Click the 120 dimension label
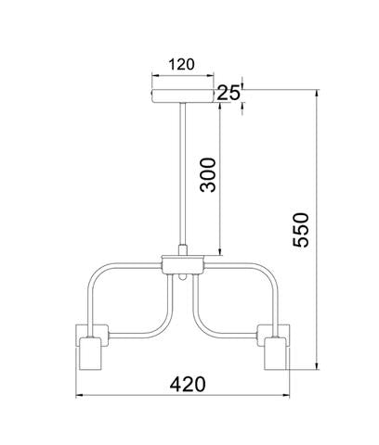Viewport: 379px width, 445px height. [182, 64]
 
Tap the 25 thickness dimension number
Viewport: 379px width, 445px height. [229, 93]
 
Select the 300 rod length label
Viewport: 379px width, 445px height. [208, 175]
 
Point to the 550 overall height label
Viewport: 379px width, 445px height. [301, 230]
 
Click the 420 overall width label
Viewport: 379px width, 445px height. [188, 384]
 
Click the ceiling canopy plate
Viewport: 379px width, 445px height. [182, 96]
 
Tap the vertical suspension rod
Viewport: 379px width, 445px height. [183, 173]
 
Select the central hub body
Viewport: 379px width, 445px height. [183, 265]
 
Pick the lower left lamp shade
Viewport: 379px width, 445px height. [90, 353]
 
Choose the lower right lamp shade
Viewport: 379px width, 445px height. [275, 353]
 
